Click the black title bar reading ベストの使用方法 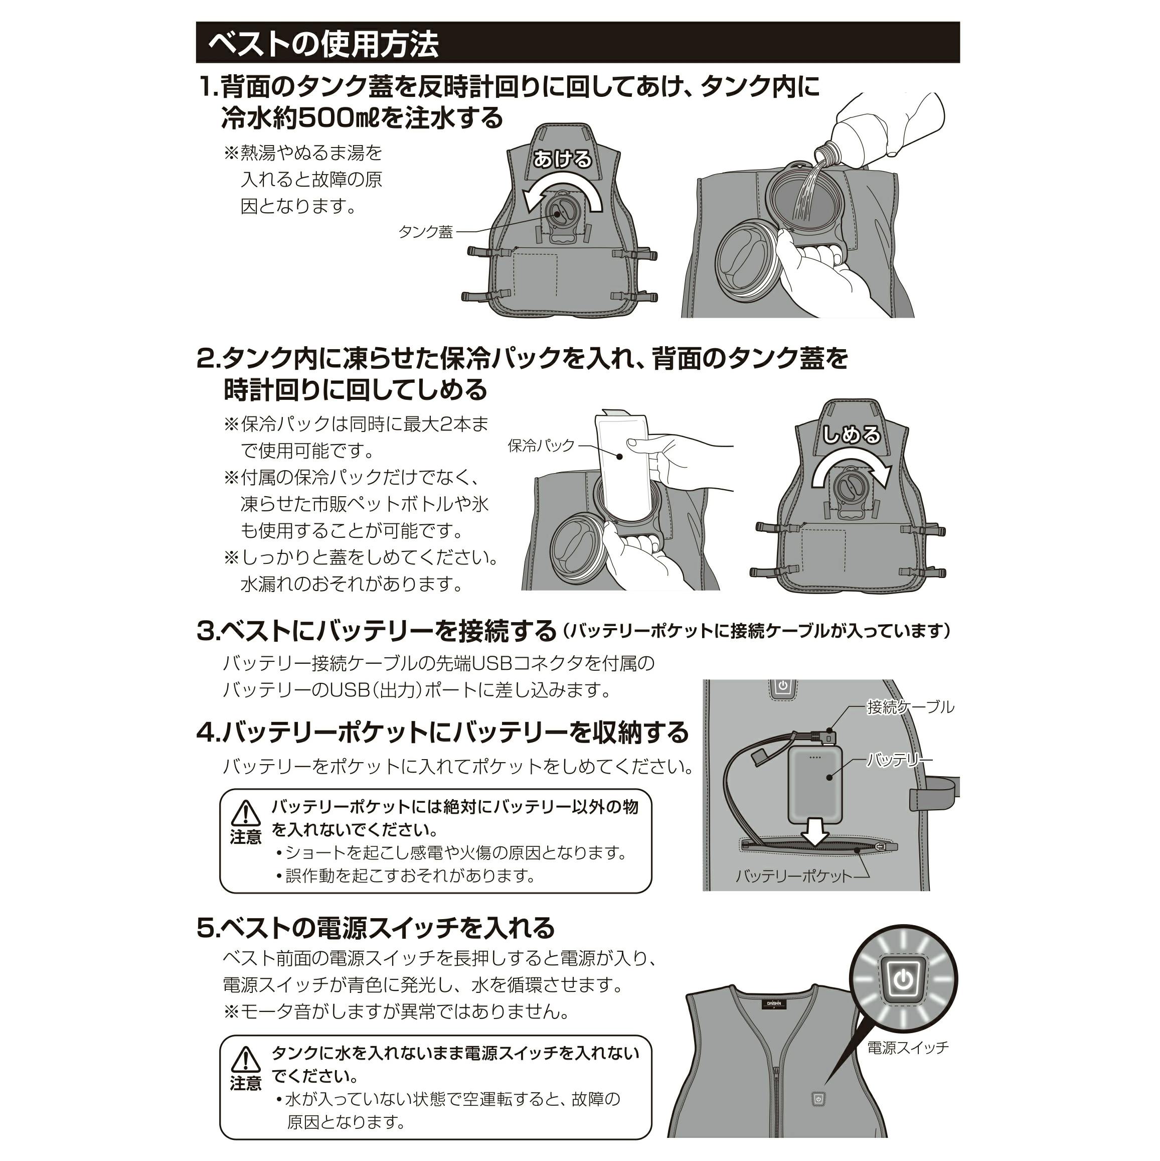577,43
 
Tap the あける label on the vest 562,159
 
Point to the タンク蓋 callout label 425,232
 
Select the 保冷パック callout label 541,446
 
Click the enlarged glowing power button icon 902,980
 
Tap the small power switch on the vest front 817,1098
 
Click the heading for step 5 376,927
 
